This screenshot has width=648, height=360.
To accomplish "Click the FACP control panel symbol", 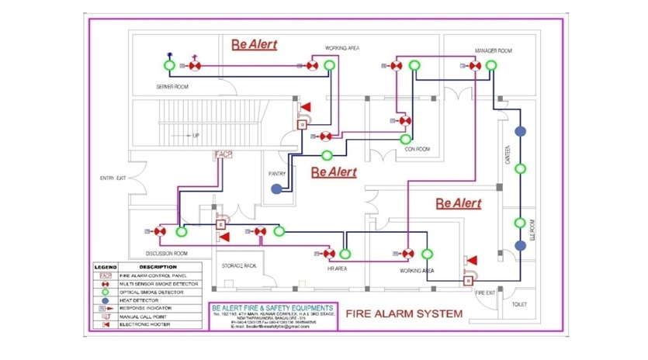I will (224, 155).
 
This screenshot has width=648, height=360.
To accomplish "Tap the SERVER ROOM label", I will (172, 87).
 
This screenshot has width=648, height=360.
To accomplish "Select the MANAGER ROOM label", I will (493, 51).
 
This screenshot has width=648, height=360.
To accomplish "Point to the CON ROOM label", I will (418, 149).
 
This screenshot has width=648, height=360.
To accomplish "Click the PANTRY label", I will (278, 174).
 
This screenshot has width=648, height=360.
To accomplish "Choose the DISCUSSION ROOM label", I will (167, 254).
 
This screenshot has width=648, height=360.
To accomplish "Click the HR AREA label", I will (337, 268).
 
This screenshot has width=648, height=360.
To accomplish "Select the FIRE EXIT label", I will (485, 292).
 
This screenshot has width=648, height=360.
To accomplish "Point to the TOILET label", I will (519, 304).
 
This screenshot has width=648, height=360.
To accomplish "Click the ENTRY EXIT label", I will (113, 179).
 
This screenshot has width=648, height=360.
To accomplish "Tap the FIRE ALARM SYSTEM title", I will (404, 314).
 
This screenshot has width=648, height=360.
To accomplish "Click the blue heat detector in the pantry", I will (276, 189).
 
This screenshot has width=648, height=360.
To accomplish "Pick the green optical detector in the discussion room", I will (181, 231).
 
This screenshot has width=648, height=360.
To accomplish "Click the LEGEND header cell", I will (106, 267).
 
